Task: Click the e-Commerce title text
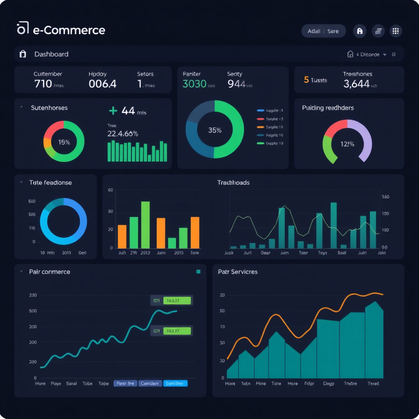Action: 68,30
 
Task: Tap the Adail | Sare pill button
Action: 323,31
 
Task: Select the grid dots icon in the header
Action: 395,31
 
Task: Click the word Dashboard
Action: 51,54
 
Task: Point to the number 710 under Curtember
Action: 43,84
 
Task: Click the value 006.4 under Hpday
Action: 102,84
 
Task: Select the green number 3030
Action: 194,84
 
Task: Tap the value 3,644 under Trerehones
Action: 356,84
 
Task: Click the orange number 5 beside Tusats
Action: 306,80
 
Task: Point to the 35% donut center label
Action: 214,130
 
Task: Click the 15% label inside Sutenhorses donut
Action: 64,142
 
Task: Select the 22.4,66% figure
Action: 122,133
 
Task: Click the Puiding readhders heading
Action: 328,108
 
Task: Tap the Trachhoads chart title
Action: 233,182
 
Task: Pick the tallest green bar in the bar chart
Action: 145,225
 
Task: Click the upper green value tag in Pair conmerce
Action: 177,300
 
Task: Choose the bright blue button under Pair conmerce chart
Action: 175,383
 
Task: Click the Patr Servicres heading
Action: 238,272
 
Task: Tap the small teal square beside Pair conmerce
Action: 198,271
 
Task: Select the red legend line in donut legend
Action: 260,119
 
